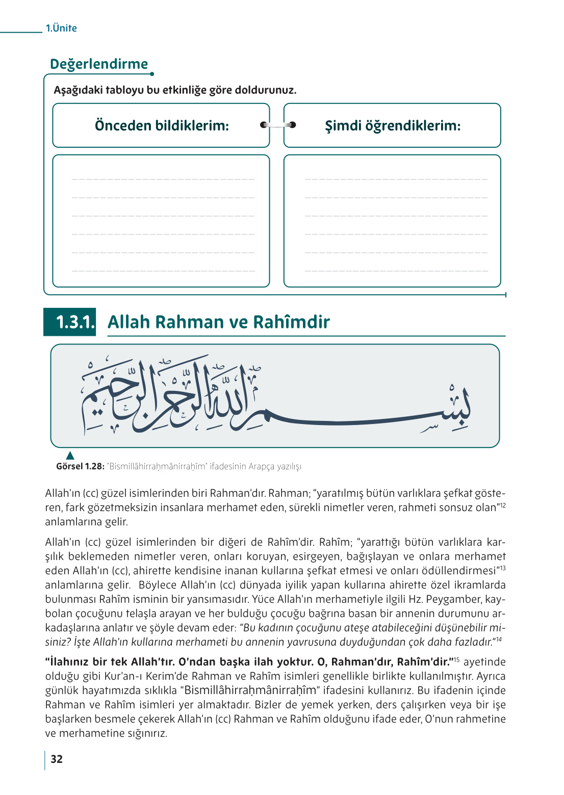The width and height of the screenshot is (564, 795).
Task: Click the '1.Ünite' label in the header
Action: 61,28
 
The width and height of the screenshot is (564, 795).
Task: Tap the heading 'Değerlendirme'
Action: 99,64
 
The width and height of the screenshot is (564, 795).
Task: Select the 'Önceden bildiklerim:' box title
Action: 162,125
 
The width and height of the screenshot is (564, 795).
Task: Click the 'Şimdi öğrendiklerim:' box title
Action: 393,125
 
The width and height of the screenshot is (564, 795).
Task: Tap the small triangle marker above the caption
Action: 70,455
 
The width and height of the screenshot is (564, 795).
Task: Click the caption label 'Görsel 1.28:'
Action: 80,466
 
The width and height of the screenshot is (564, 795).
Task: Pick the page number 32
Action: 57,759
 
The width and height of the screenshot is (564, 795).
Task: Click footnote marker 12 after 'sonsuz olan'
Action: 502,505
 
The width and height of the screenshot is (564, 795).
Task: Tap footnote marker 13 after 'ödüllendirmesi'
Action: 502,568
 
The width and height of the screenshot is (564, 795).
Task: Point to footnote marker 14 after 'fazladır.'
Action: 499,639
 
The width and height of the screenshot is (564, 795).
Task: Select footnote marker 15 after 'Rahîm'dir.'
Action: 457,659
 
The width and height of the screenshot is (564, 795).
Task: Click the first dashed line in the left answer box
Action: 163,179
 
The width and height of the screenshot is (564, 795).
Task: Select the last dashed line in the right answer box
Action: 396,271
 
